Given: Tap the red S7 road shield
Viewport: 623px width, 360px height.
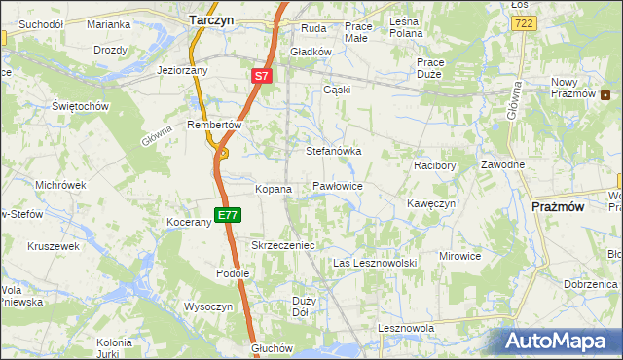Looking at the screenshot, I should click(260, 75).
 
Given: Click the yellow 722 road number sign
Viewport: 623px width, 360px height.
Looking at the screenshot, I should click(524, 22).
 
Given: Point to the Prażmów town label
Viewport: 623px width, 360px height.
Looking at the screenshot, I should click(558, 207).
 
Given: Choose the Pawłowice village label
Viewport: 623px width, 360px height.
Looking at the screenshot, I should click(338, 185).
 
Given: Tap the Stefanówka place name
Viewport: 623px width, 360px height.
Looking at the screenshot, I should click(334, 152).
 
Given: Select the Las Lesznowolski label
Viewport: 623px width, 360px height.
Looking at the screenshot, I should click(375, 264).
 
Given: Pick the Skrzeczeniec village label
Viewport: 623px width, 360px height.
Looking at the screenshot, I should click(283, 246).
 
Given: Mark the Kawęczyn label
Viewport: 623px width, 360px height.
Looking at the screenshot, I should click(431, 204).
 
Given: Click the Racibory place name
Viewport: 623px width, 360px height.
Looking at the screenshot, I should click(434, 165).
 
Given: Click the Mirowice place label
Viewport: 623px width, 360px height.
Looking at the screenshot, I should click(459, 256).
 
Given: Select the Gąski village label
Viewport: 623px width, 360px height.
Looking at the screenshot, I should click(336, 90).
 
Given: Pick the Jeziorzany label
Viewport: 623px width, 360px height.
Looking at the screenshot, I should click(182, 71).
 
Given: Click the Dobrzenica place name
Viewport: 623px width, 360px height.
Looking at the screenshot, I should click(592, 284).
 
